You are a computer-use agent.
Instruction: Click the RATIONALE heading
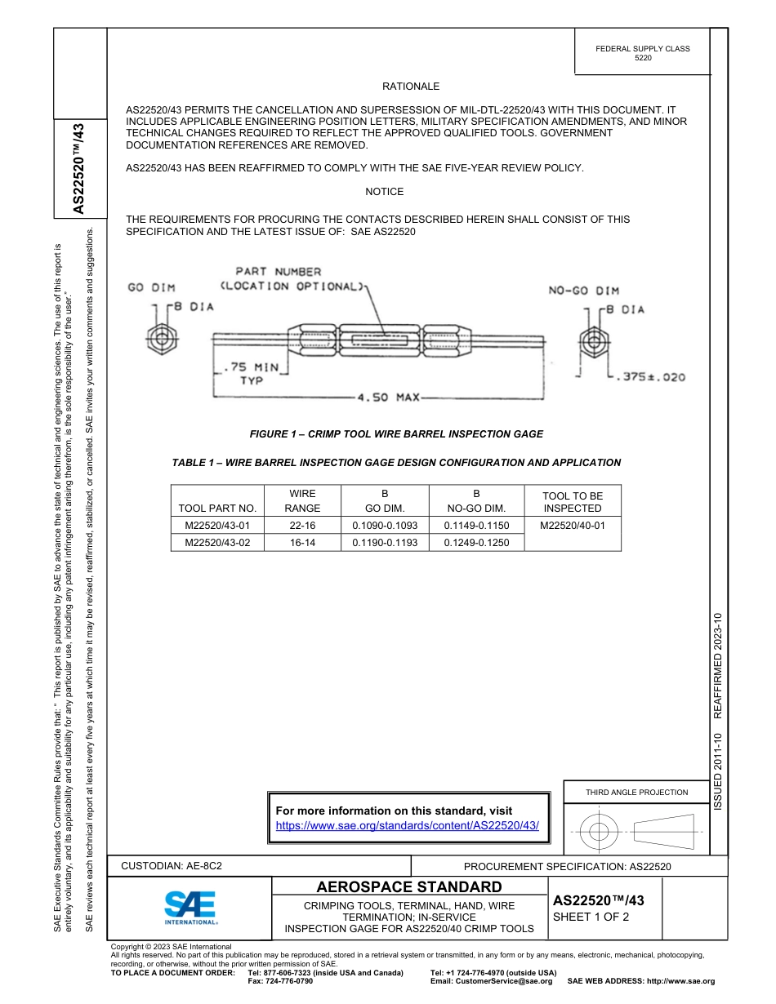(411, 86)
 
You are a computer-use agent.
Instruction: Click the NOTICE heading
(384, 192)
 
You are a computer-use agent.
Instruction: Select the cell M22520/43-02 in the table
(216, 542)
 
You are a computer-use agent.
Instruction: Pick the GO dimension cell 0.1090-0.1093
(384, 525)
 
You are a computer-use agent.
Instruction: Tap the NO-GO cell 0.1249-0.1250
(475, 542)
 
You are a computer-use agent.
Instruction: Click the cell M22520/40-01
(572, 525)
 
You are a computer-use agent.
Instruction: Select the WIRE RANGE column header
(302, 501)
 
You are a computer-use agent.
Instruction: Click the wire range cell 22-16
(302, 525)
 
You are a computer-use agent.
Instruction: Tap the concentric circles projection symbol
(599, 832)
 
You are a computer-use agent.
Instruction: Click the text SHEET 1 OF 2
(591, 917)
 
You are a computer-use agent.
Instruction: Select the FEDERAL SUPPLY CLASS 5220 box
(642, 53)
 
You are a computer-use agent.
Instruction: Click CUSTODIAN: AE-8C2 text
(172, 865)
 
